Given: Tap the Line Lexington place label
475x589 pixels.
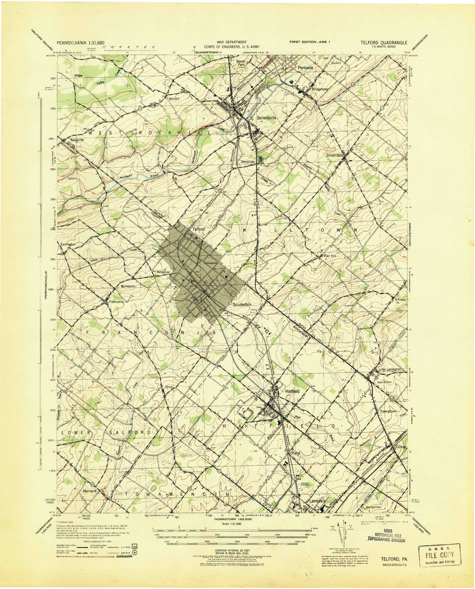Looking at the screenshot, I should point(390,369).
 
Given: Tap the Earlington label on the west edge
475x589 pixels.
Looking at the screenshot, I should point(68,244).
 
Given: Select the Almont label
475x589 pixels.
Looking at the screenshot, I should point(174,98).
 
